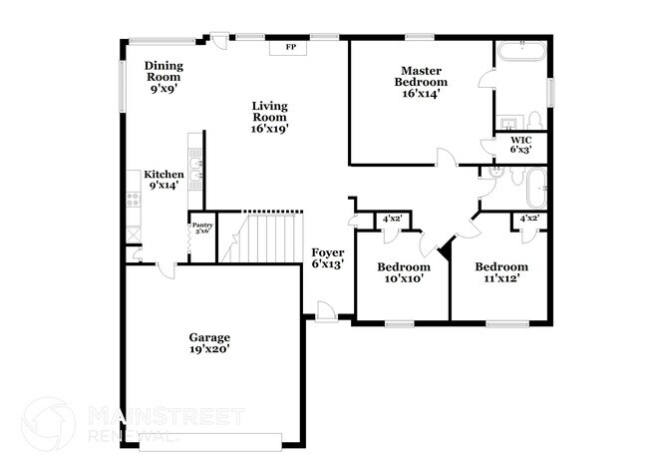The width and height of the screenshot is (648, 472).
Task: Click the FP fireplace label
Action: [x=291, y=47]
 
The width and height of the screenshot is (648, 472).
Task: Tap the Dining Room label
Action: [x=165, y=76]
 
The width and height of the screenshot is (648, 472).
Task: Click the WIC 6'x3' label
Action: [x=521, y=145]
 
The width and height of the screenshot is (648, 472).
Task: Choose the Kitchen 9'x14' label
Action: [x=163, y=180]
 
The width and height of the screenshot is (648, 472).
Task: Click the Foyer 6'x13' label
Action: [x=328, y=257]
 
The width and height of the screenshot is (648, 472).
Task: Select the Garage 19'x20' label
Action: [x=210, y=343]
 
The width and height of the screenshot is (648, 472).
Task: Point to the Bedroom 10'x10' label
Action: [x=403, y=272]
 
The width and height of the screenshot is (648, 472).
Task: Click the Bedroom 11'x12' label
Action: [x=500, y=272]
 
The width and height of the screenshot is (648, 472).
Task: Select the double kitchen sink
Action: [x=199, y=169]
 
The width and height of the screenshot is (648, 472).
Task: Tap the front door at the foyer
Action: [x=324, y=312]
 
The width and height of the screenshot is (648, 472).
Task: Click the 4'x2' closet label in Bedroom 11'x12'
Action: [x=529, y=219]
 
